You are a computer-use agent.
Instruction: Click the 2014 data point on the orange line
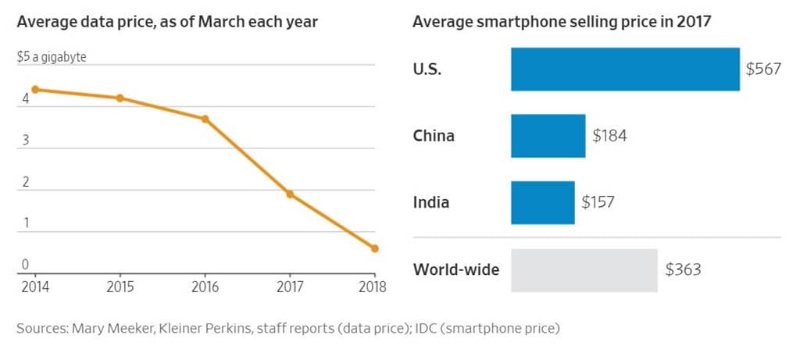pos(35,89)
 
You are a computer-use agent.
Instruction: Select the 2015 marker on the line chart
pos(120,98)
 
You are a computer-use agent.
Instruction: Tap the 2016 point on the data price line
pos(205,119)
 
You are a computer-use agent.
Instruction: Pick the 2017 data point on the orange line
pos(290,194)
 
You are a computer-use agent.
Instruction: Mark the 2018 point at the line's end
pos(375,248)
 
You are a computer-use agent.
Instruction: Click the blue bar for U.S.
pos(625,69)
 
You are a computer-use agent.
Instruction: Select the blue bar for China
pos(548,136)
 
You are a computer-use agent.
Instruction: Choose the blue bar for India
pos(542,202)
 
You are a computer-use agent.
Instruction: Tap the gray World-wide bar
pos(584,270)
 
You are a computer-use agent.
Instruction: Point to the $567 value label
pos(763,69)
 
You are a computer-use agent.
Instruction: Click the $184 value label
pos(609,136)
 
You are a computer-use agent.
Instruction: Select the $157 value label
pos(598,202)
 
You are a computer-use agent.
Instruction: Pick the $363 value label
pos(683,270)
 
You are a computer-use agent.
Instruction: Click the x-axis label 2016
pos(205,286)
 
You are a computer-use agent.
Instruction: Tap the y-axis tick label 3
pos(26,141)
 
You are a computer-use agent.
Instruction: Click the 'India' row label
pos(431,202)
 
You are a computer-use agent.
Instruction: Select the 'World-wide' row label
pos(456,270)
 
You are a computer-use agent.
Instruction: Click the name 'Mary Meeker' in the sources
pos(106,328)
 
